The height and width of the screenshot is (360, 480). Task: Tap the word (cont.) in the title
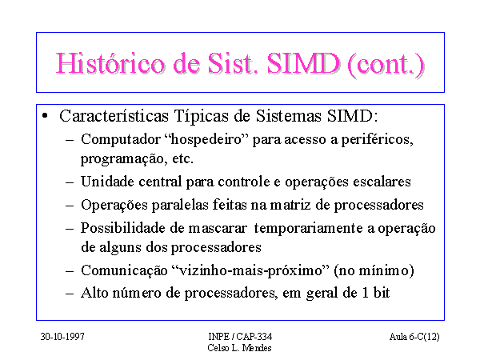click(x=386, y=65)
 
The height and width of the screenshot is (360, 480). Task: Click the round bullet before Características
click(x=45, y=116)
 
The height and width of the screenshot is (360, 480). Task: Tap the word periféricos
click(x=377, y=140)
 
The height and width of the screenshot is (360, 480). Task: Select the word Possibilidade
click(x=123, y=228)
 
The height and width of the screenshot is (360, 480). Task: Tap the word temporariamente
click(x=309, y=229)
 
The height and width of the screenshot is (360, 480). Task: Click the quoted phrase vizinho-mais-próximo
click(x=250, y=271)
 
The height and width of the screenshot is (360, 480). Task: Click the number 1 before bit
click(x=365, y=293)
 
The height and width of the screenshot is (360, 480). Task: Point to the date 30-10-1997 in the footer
click(x=62, y=337)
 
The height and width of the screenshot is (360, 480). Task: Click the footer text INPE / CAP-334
click(x=240, y=337)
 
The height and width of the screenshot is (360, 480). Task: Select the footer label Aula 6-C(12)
click(x=414, y=337)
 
